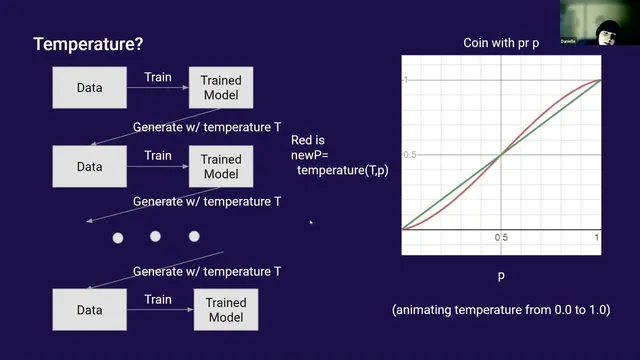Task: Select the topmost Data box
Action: point(89,88)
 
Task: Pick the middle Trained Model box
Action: point(221,167)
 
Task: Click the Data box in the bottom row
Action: point(89,309)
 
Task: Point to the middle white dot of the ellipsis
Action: point(156,237)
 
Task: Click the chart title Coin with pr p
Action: point(501,43)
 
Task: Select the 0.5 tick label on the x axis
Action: point(500,238)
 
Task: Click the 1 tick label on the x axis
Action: point(597,238)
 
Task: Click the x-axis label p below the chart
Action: point(501,273)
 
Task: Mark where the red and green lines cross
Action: point(501,154)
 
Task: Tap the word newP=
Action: point(311,157)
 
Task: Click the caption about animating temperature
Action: point(501,310)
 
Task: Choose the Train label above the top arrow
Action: point(157,76)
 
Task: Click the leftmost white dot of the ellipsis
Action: point(118,237)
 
